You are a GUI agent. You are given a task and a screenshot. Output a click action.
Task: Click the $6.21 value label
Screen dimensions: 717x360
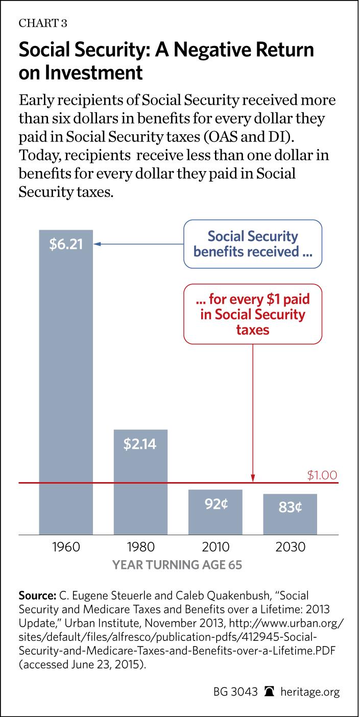coord(66,245)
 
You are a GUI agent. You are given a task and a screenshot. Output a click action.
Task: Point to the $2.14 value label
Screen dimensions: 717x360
coord(140,443)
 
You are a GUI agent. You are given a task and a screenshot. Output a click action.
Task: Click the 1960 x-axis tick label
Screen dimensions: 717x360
coord(66,547)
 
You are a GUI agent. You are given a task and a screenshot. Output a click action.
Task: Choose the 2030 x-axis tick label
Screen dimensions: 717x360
coord(290,547)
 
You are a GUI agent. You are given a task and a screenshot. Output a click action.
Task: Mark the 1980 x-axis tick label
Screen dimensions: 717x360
coord(140,547)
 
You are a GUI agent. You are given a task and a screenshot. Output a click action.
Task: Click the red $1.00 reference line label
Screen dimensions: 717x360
coord(322,475)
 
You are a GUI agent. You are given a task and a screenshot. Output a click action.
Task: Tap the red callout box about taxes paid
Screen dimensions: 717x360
coord(254,314)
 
